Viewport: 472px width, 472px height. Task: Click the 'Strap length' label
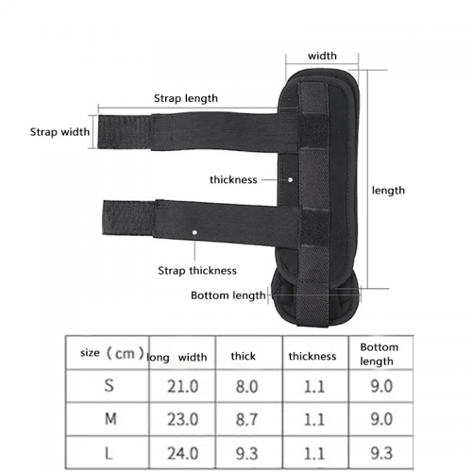point(186,98)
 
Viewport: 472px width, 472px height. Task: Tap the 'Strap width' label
point(59,132)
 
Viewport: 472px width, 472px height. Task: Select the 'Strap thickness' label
point(197,271)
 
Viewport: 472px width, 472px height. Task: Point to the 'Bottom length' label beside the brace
point(228,295)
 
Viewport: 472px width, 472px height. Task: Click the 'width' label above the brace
point(322,56)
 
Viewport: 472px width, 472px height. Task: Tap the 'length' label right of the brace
point(388,191)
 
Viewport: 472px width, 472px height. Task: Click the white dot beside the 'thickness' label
point(290,179)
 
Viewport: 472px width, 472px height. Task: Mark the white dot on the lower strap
point(194,232)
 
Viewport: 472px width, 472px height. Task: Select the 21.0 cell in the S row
point(183,386)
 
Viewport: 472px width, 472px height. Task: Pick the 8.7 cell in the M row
point(247,419)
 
